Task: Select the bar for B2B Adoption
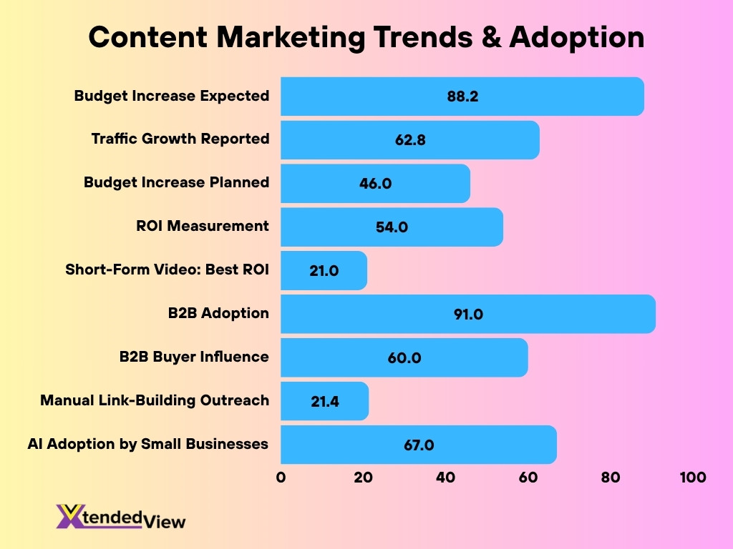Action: tap(467, 314)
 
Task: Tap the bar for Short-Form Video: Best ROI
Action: tap(324, 270)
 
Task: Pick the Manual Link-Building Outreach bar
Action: tap(324, 401)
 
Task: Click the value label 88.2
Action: tap(462, 96)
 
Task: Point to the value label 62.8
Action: tap(410, 140)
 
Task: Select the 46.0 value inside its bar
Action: tap(375, 183)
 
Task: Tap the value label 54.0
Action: tap(392, 227)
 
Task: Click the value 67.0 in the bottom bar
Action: tap(418, 445)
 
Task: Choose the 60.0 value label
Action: tap(404, 358)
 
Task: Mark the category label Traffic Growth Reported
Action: tap(180, 139)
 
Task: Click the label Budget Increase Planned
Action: tap(176, 182)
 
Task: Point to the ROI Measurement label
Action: tap(203, 226)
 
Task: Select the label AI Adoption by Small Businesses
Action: tap(148, 444)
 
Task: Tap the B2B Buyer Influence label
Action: tap(194, 357)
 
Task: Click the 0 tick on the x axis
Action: tap(281, 478)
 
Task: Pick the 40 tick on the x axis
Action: tap(445, 478)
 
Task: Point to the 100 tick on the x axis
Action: tap(692, 478)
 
